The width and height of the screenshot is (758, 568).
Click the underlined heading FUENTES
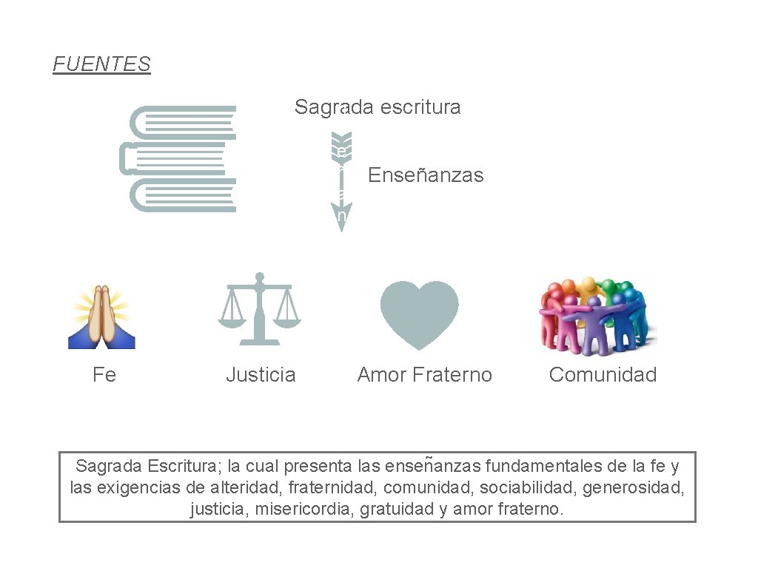click(101, 64)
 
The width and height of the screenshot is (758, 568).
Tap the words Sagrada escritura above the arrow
click(377, 107)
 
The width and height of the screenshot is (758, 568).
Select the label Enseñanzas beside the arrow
click(426, 175)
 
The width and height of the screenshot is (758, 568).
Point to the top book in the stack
click(185, 122)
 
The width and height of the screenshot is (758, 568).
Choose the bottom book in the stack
click(185, 195)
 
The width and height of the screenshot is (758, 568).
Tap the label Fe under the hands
click(104, 375)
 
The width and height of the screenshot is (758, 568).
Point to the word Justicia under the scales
click(261, 375)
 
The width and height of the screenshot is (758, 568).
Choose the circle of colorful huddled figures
click(597, 315)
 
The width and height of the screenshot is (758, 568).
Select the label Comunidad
click(603, 375)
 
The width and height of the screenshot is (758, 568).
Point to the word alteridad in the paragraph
click(245, 488)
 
